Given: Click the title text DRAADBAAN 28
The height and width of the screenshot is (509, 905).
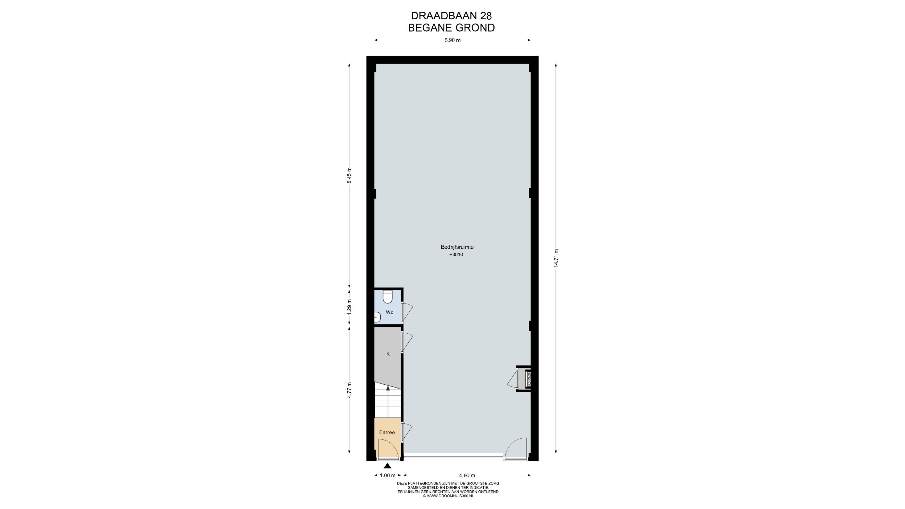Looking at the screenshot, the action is pyautogui.click(x=452, y=16).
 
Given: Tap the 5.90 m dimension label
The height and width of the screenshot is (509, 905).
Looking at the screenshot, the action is pyautogui.click(x=452, y=40).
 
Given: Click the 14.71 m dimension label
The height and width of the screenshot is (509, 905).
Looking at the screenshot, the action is pyautogui.click(x=556, y=259).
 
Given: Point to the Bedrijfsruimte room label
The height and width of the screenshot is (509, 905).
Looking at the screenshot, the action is pyautogui.click(x=457, y=247).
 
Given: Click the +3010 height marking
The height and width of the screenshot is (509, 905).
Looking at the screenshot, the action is pyautogui.click(x=456, y=255).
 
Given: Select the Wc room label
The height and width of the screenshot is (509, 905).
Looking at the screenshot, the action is pyautogui.click(x=389, y=312).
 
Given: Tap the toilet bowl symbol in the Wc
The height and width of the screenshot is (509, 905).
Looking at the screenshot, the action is pyautogui.click(x=387, y=297).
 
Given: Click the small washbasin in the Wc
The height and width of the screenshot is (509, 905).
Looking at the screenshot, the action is pyautogui.click(x=377, y=317).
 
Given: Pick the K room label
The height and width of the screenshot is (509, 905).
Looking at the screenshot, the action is pyautogui.click(x=388, y=354).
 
